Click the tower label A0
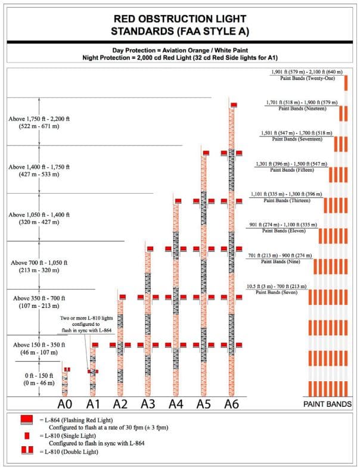[66, 404]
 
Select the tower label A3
[148, 404]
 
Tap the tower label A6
[232, 404]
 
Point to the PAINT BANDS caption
[328, 404]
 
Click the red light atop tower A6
[234, 105]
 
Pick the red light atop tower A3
[150, 248]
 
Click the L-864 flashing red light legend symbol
[26, 421]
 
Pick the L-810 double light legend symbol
[26, 452]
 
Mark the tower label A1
[93, 404]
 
